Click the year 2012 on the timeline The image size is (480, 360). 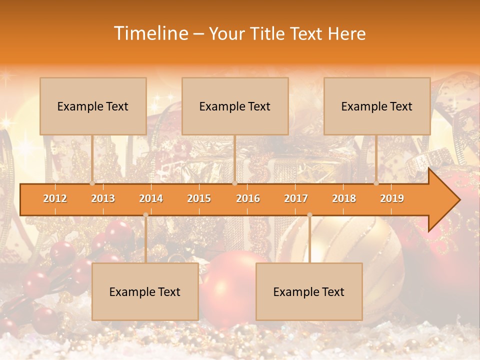click(x=55, y=198)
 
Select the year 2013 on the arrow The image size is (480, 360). click(x=103, y=198)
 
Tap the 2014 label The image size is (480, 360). click(x=151, y=198)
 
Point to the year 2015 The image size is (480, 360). click(x=199, y=198)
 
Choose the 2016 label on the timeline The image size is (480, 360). click(x=248, y=198)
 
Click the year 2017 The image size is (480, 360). click(x=296, y=198)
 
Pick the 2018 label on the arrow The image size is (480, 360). click(x=344, y=198)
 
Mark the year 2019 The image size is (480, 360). click(x=392, y=198)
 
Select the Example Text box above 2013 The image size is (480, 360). click(x=93, y=106)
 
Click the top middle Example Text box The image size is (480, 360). click(x=235, y=106)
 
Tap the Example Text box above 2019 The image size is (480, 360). click(x=377, y=106)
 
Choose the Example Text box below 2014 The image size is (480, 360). click(x=145, y=291)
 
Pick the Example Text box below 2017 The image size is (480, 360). click(x=309, y=291)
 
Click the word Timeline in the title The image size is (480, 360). click(x=150, y=33)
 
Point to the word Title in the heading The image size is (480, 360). click(x=269, y=33)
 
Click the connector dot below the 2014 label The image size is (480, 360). click(x=145, y=215)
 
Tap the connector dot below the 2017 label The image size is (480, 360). click(x=309, y=215)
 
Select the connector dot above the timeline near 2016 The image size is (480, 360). click(x=234, y=183)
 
